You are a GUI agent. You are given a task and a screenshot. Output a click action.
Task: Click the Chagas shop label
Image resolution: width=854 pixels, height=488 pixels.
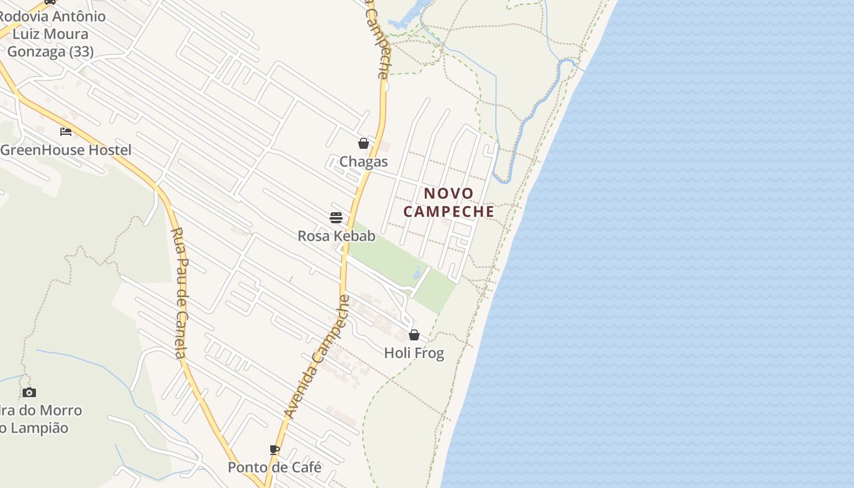tap(364, 162)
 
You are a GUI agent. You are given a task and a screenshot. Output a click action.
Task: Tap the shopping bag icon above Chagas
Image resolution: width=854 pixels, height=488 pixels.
tap(364, 143)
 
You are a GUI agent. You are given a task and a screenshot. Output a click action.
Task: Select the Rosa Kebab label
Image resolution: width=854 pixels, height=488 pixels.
tap(336, 235)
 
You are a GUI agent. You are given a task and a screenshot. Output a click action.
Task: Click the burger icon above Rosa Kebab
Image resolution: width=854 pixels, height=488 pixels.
tap(336, 218)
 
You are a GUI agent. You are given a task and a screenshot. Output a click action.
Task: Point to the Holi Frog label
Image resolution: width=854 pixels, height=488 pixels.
tap(414, 353)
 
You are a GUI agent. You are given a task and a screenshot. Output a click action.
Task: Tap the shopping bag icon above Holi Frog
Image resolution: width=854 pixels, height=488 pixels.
tap(414, 335)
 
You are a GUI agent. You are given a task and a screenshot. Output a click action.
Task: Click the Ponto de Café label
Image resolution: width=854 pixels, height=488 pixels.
tap(274, 467)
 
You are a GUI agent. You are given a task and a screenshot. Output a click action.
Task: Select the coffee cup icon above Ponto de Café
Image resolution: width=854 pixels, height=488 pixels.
tap(274, 450)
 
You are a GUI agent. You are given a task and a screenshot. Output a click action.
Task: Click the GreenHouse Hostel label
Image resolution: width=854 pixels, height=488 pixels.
tap(66, 150)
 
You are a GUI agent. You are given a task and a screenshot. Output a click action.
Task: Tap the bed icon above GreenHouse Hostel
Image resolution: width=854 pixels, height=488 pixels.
tap(66, 131)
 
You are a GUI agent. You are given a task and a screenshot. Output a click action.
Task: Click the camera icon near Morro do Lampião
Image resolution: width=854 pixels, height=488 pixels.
tap(29, 392)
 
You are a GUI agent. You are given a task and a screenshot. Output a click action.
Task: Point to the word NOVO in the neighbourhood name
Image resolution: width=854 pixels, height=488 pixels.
tap(449, 194)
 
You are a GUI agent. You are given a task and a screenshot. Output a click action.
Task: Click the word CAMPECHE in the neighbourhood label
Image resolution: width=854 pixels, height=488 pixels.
tap(449, 212)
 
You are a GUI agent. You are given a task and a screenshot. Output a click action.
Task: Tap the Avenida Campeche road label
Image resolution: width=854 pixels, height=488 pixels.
tap(317, 357)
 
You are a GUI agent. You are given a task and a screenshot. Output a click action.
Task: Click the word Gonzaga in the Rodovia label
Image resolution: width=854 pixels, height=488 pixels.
tap(35, 52)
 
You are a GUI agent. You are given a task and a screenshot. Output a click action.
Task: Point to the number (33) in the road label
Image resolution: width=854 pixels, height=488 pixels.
tap(81, 52)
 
